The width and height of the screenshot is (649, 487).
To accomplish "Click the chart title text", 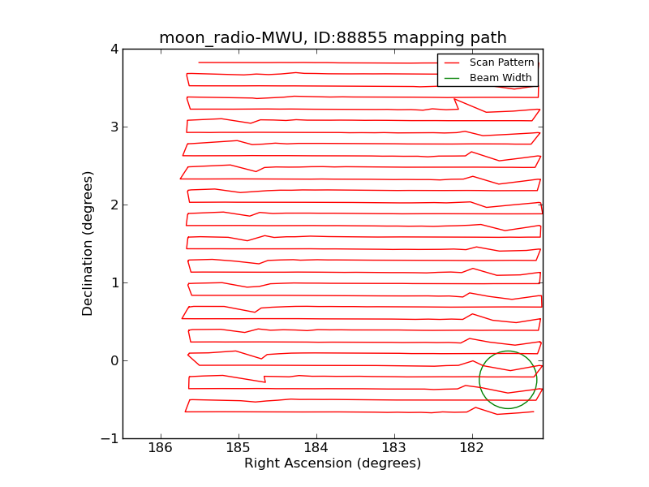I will pyautogui.click(x=333, y=38).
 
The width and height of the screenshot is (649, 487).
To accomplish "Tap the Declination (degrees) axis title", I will pyautogui.click(x=88, y=243).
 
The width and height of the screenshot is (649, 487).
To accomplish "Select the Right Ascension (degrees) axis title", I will pyautogui.click(x=333, y=463).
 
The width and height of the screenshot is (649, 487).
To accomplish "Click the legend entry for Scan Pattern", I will pyautogui.click(x=501, y=62).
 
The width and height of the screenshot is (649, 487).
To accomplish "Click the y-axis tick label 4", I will pyautogui.click(x=114, y=49).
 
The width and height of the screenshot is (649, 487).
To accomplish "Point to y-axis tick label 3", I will pyautogui.click(x=114, y=127).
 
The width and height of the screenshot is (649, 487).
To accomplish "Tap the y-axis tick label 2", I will pyautogui.click(x=114, y=205).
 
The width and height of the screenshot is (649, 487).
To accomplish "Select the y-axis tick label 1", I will pyautogui.click(x=114, y=282).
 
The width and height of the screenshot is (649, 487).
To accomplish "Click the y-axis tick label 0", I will pyautogui.click(x=114, y=360).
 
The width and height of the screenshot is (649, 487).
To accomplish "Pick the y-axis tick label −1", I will pyautogui.click(x=110, y=438).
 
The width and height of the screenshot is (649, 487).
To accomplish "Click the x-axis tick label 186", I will pyautogui.click(x=161, y=449).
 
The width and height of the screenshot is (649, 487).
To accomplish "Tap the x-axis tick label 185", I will pyautogui.click(x=239, y=449).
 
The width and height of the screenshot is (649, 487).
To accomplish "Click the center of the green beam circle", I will pyautogui.click(x=508, y=380).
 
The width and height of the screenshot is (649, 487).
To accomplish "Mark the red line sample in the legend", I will pyautogui.click(x=452, y=62).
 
